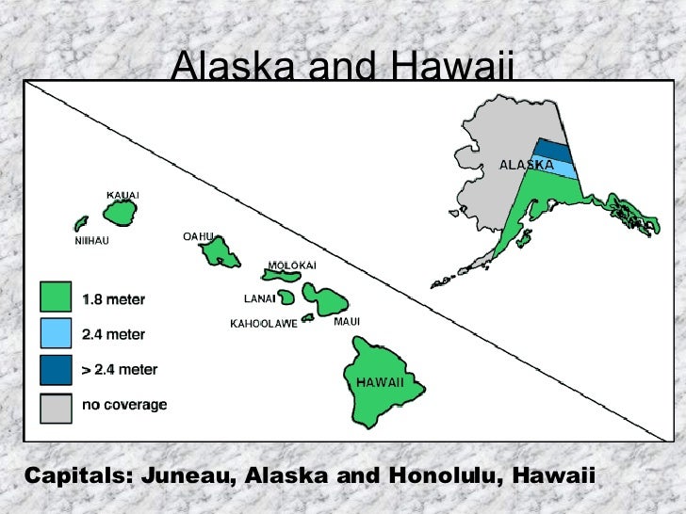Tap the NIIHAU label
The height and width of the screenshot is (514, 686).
91,241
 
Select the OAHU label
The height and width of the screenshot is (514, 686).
199,235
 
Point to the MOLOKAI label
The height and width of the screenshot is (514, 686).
292,265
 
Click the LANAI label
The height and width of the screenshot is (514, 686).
260,299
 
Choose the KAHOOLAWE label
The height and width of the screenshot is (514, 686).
264,324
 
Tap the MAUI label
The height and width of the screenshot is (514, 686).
347,321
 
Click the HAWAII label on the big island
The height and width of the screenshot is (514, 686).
380,382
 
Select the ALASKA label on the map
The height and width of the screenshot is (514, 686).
526,165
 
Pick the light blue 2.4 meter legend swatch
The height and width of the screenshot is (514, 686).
56,334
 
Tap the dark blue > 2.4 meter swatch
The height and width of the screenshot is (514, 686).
56,370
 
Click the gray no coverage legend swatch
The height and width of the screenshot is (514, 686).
56,406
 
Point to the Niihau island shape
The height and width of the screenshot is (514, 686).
81,224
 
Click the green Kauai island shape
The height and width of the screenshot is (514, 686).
121,214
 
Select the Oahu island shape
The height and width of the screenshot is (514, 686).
225,251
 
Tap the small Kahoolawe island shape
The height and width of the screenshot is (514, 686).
307,317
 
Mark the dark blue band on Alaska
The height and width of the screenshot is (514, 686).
550,151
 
